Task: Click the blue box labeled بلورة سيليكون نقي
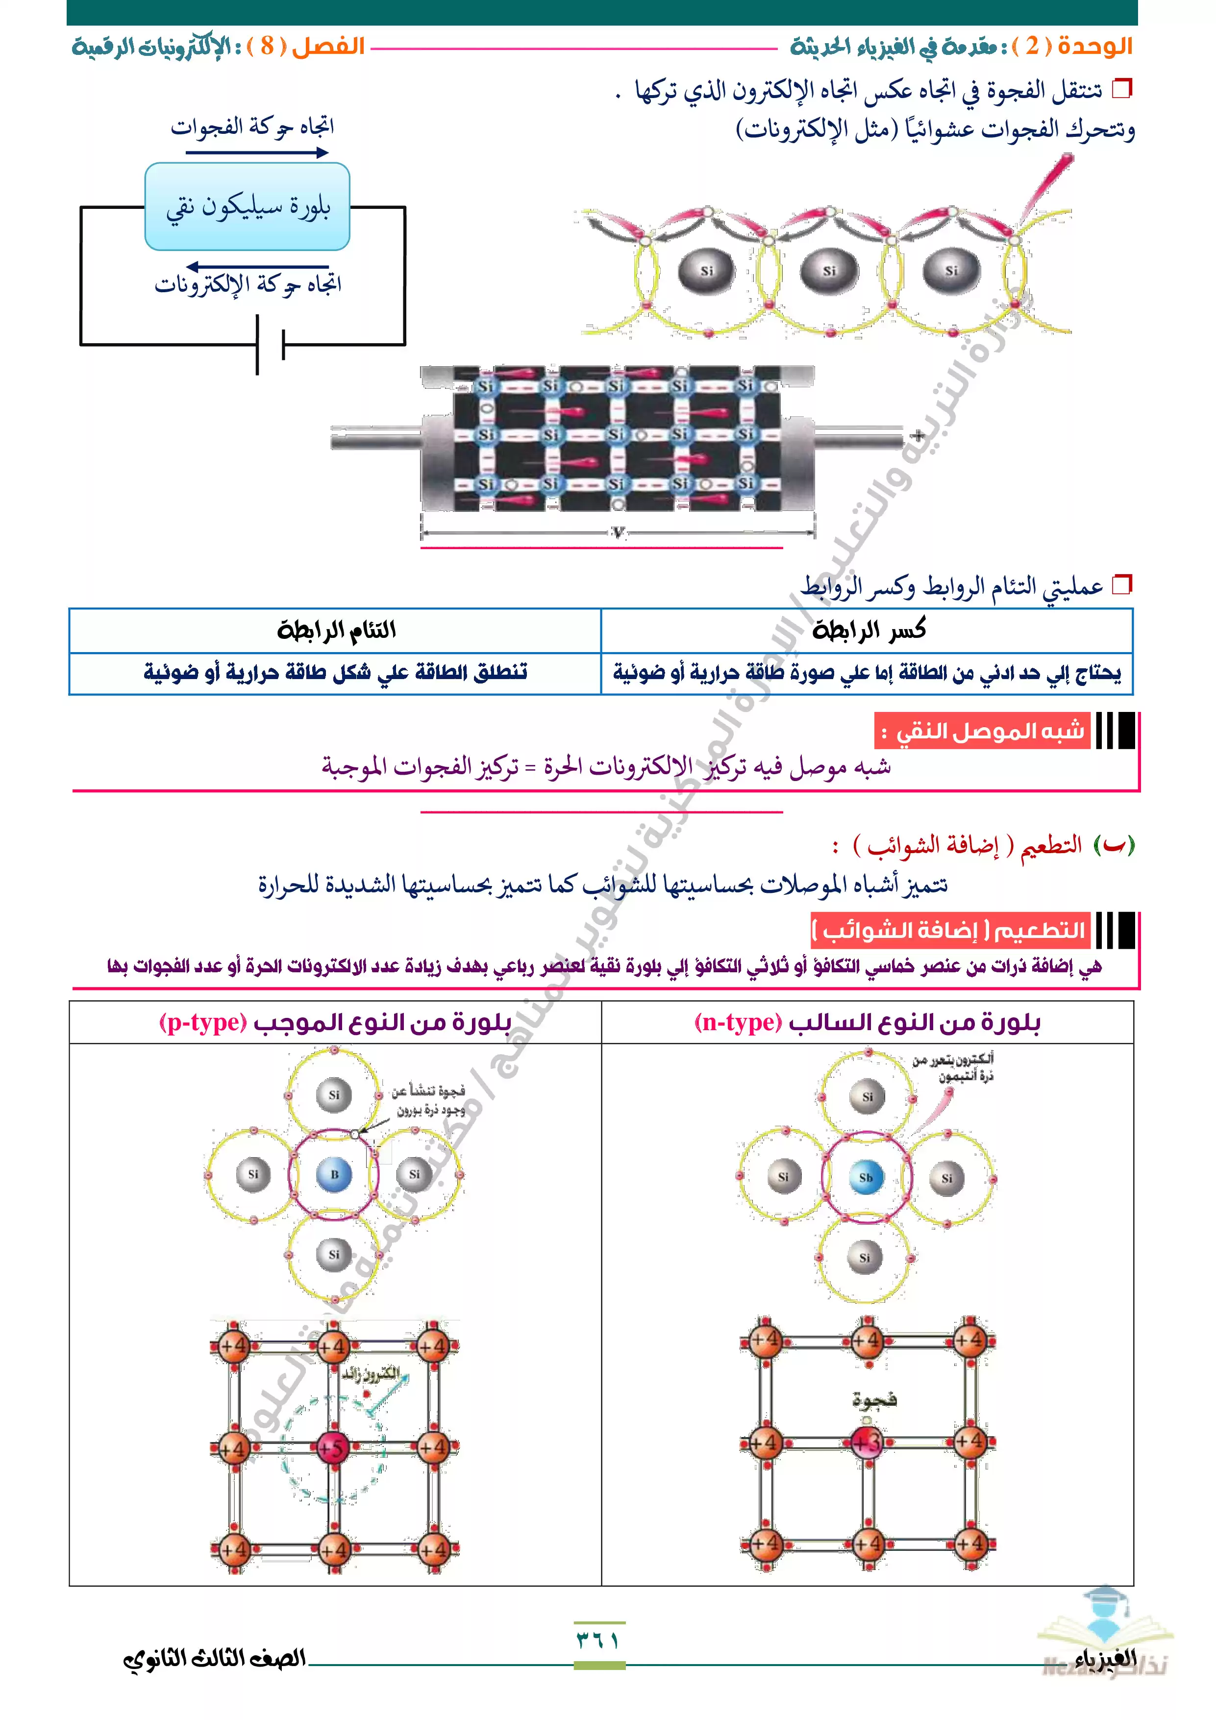coord(247,206)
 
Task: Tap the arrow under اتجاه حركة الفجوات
coord(257,153)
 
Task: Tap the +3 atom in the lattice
coord(867,1442)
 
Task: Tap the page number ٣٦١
coord(598,1640)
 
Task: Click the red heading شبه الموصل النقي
coord(982,731)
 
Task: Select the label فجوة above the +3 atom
coord(874,1399)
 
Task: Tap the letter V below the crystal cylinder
coord(618,532)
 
